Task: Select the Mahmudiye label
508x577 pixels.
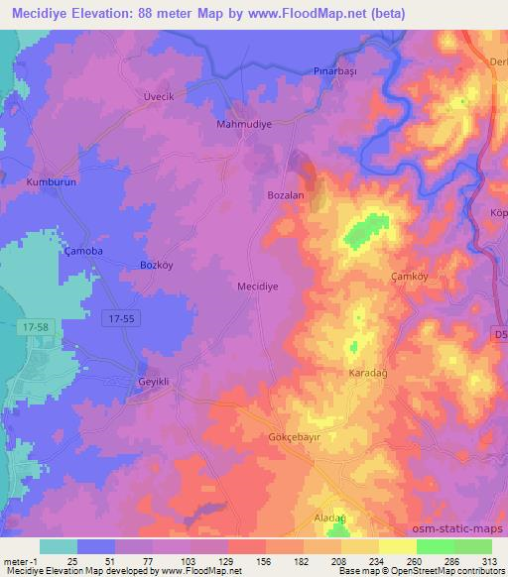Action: [x=243, y=125]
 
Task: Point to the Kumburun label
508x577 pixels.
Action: [x=51, y=183]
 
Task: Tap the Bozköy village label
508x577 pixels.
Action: [x=158, y=265]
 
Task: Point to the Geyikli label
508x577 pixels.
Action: [x=154, y=381]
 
